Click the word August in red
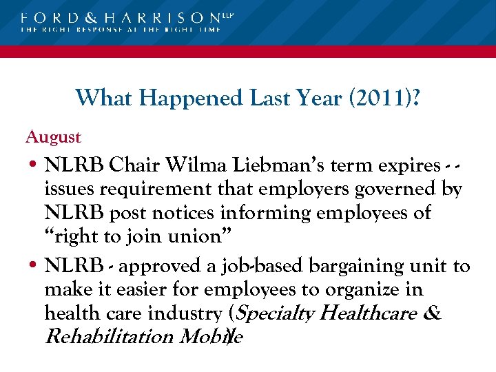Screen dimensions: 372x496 tap(53, 137)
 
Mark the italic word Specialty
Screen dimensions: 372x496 tap(279, 313)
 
